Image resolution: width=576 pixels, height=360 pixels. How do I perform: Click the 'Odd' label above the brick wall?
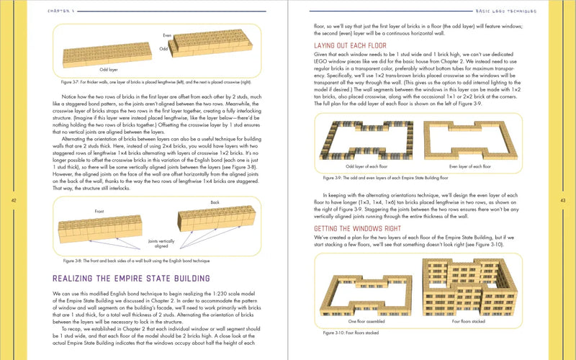coord(163,48)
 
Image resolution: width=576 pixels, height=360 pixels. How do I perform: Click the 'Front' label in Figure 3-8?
coord(101,211)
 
